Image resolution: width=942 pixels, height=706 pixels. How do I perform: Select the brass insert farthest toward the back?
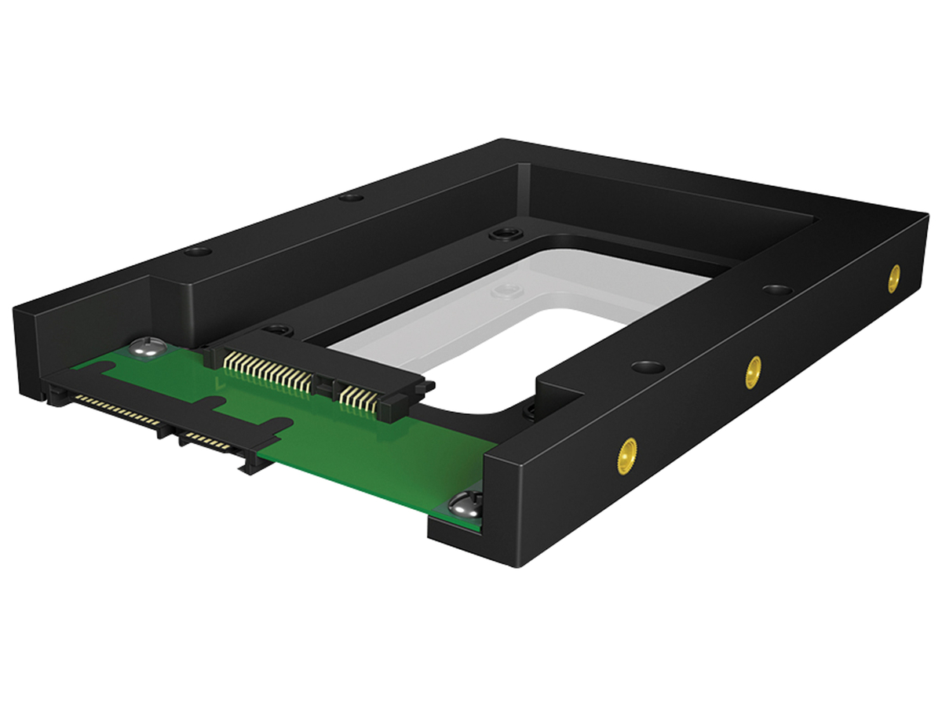893,278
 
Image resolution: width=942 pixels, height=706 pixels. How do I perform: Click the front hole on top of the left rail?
198,252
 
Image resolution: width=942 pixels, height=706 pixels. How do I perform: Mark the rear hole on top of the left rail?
352,196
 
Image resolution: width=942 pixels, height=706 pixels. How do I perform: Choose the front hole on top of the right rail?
648,366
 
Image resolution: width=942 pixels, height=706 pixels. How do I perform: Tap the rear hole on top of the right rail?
776,290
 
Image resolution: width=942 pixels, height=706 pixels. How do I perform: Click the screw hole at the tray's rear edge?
500,234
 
